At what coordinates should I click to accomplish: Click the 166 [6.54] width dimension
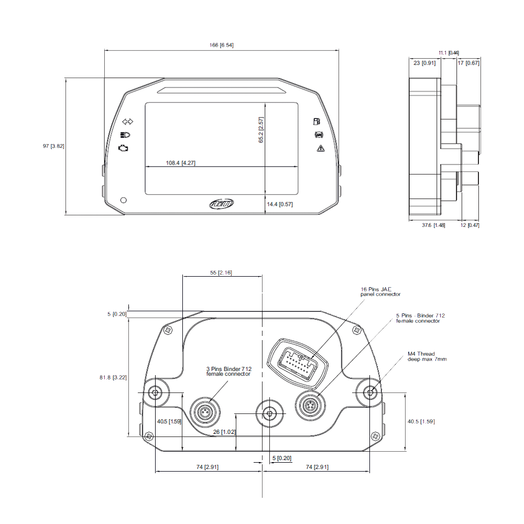[221, 45]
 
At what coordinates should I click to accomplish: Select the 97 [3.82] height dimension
[53, 146]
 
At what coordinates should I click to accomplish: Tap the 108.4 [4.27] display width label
[180, 163]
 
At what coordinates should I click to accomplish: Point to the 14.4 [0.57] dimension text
[280, 204]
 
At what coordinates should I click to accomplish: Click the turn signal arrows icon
[128, 122]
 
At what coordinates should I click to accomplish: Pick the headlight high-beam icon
[125, 135]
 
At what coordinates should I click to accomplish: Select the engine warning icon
[123, 148]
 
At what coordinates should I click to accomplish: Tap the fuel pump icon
[316, 122]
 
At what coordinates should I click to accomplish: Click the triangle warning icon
[321, 148]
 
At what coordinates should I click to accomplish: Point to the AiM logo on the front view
[222, 203]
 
